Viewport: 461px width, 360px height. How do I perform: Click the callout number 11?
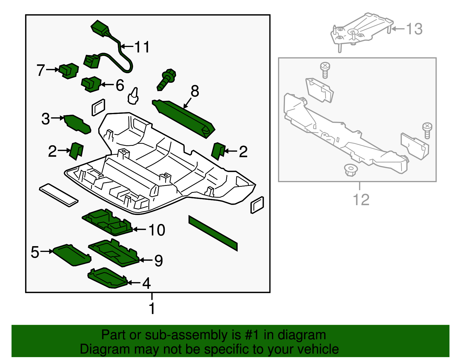click(142, 47)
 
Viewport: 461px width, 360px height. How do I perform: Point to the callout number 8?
click(195, 91)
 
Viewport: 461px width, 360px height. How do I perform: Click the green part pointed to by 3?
click(77, 124)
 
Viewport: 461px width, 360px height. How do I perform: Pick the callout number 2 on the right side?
click(243, 152)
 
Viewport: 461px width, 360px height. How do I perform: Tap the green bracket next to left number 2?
click(76, 150)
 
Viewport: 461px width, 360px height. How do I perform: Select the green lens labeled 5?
click(72, 255)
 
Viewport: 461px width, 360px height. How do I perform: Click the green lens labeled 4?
click(107, 278)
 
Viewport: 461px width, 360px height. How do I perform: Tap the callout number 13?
click(414, 29)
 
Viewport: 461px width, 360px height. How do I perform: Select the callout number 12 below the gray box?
click(361, 200)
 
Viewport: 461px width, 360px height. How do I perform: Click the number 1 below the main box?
click(152, 308)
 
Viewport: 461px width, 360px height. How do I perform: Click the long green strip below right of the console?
click(213, 233)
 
